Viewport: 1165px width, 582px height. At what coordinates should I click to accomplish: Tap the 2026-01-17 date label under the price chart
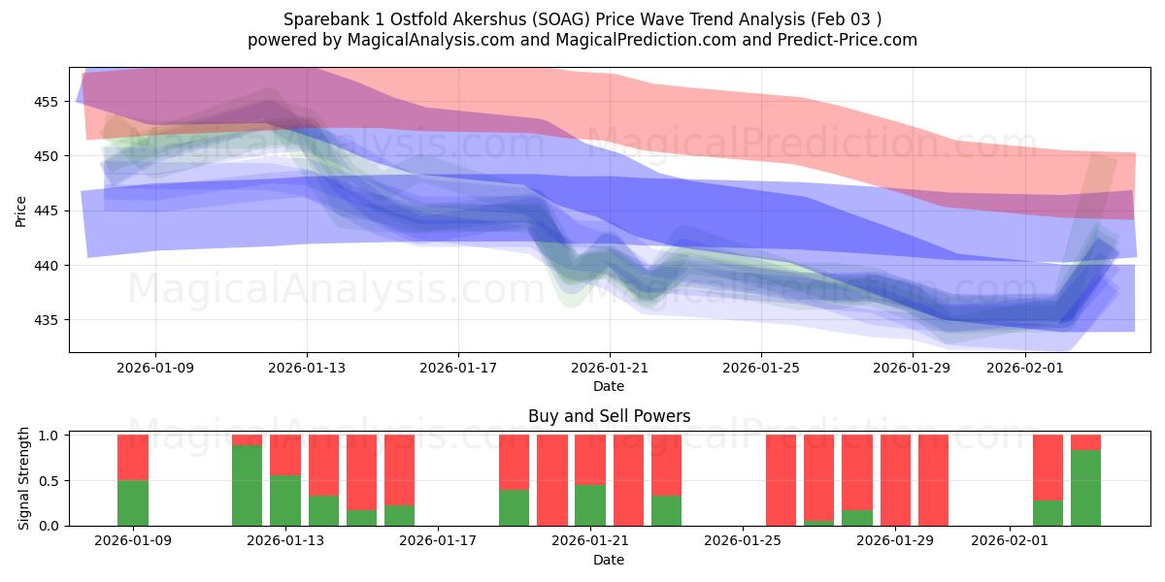(458, 368)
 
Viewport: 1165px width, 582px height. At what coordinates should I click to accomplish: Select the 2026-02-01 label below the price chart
(1025, 368)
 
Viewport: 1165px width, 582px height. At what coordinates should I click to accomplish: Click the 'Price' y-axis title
(21, 210)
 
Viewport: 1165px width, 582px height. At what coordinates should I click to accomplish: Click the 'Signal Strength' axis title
(25, 480)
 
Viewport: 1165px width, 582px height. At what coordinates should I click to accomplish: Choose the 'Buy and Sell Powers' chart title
(609, 416)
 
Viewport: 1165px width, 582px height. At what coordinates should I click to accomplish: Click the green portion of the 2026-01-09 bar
(132, 502)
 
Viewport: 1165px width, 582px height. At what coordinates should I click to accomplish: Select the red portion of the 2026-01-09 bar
(132, 457)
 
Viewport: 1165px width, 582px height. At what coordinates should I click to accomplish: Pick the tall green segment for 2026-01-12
(247, 485)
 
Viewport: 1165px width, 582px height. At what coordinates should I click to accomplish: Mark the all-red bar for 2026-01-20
(552, 480)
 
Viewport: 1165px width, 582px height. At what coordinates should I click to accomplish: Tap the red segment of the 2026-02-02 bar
(1048, 468)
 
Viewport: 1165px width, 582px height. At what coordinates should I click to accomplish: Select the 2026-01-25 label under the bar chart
(743, 540)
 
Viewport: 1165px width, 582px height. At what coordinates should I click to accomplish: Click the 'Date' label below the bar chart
(609, 560)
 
